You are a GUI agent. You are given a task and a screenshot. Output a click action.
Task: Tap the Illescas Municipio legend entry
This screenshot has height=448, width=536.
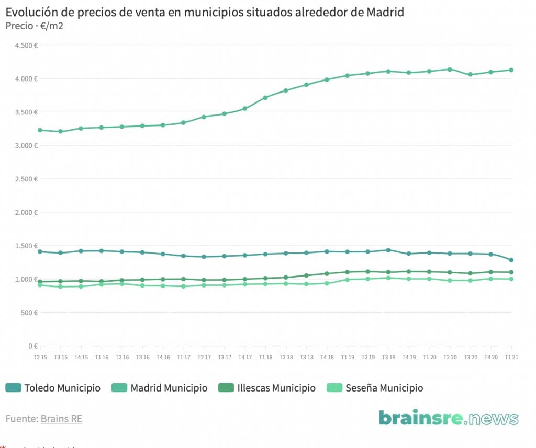268,388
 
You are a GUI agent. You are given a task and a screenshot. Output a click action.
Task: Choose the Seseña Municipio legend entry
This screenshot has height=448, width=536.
375,388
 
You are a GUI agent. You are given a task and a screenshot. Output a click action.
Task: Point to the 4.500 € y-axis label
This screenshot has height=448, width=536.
26,45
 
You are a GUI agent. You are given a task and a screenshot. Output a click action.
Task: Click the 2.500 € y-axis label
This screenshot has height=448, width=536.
26,179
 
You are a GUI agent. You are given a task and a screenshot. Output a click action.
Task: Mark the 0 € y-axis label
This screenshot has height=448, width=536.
32,346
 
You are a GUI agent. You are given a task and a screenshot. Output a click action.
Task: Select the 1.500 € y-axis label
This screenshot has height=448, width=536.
26,246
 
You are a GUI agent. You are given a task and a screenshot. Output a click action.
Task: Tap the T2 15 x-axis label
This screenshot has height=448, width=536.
40,357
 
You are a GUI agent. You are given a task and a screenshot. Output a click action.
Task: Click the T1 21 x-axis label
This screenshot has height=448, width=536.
511,357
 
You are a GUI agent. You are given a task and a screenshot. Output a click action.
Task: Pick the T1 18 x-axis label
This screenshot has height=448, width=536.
265,357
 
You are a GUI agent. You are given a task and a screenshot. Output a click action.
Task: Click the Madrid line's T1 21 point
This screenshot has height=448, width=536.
511,70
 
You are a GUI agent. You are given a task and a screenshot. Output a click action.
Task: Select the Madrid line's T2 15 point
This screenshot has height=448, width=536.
40,130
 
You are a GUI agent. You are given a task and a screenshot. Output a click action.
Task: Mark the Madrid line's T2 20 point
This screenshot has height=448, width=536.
450,70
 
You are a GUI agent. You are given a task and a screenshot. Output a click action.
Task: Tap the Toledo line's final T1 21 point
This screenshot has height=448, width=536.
511,260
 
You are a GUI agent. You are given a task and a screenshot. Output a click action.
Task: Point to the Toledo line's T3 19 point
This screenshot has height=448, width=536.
388,250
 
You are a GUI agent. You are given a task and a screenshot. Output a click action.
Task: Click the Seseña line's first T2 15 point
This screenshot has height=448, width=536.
40,285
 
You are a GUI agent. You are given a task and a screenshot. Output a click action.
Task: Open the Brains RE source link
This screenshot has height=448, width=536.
61,419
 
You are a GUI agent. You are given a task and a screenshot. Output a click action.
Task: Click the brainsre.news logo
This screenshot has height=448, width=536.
449,418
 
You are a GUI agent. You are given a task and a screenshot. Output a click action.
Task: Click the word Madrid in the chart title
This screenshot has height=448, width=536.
384,12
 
